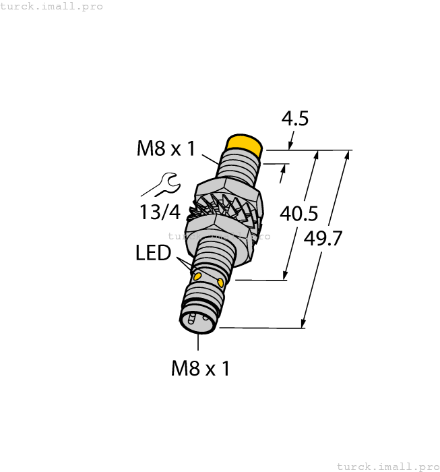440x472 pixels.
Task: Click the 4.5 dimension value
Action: tap(294, 119)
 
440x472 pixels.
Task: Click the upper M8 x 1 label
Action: tap(166, 148)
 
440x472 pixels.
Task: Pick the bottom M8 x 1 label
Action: tap(200, 368)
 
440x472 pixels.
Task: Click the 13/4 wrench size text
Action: tap(160, 212)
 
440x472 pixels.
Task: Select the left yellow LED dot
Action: tap(197, 276)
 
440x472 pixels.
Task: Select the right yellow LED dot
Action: tap(221, 281)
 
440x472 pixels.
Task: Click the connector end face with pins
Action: tap(198, 322)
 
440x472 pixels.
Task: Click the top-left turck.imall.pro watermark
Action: tap(52, 6)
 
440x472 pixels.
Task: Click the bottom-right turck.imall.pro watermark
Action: tap(387, 467)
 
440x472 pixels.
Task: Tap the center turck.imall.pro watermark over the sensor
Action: tap(219, 236)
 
